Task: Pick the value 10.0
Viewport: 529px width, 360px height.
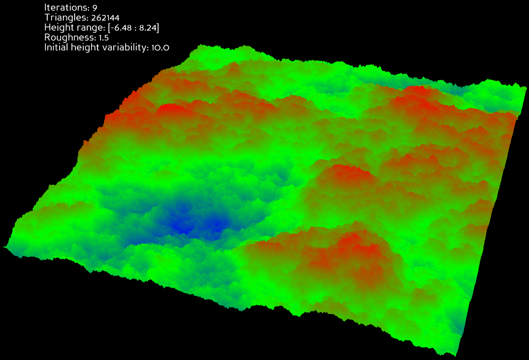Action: pyautogui.click(x=160, y=48)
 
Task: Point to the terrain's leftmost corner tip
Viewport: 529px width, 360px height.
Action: pyautogui.click(x=4, y=246)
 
